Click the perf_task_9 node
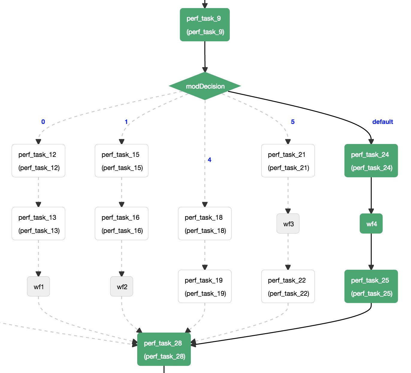(x=205, y=25)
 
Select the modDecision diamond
(x=205, y=86)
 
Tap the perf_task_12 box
(x=38, y=160)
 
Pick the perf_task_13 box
(x=38, y=224)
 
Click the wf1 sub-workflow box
(x=38, y=286)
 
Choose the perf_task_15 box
(x=122, y=160)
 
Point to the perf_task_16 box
(x=122, y=224)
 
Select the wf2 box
(x=122, y=286)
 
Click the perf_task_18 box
(x=205, y=224)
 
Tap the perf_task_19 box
(x=205, y=286)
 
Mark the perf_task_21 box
(x=288, y=160)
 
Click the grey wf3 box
(x=288, y=224)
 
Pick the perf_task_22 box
(x=288, y=286)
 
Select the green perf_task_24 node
(x=371, y=160)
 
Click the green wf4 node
(x=371, y=224)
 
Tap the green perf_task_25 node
(x=371, y=286)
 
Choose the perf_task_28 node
(x=164, y=349)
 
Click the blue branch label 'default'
(x=383, y=122)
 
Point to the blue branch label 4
(x=209, y=160)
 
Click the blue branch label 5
(x=293, y=122)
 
